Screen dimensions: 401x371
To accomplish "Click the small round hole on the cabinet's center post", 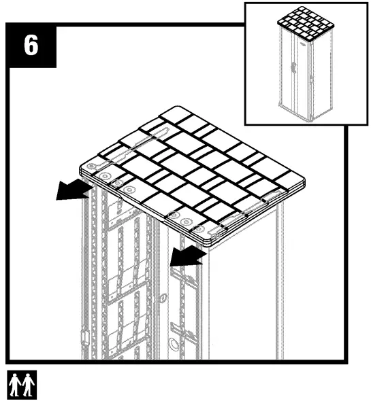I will pos(161,297).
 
